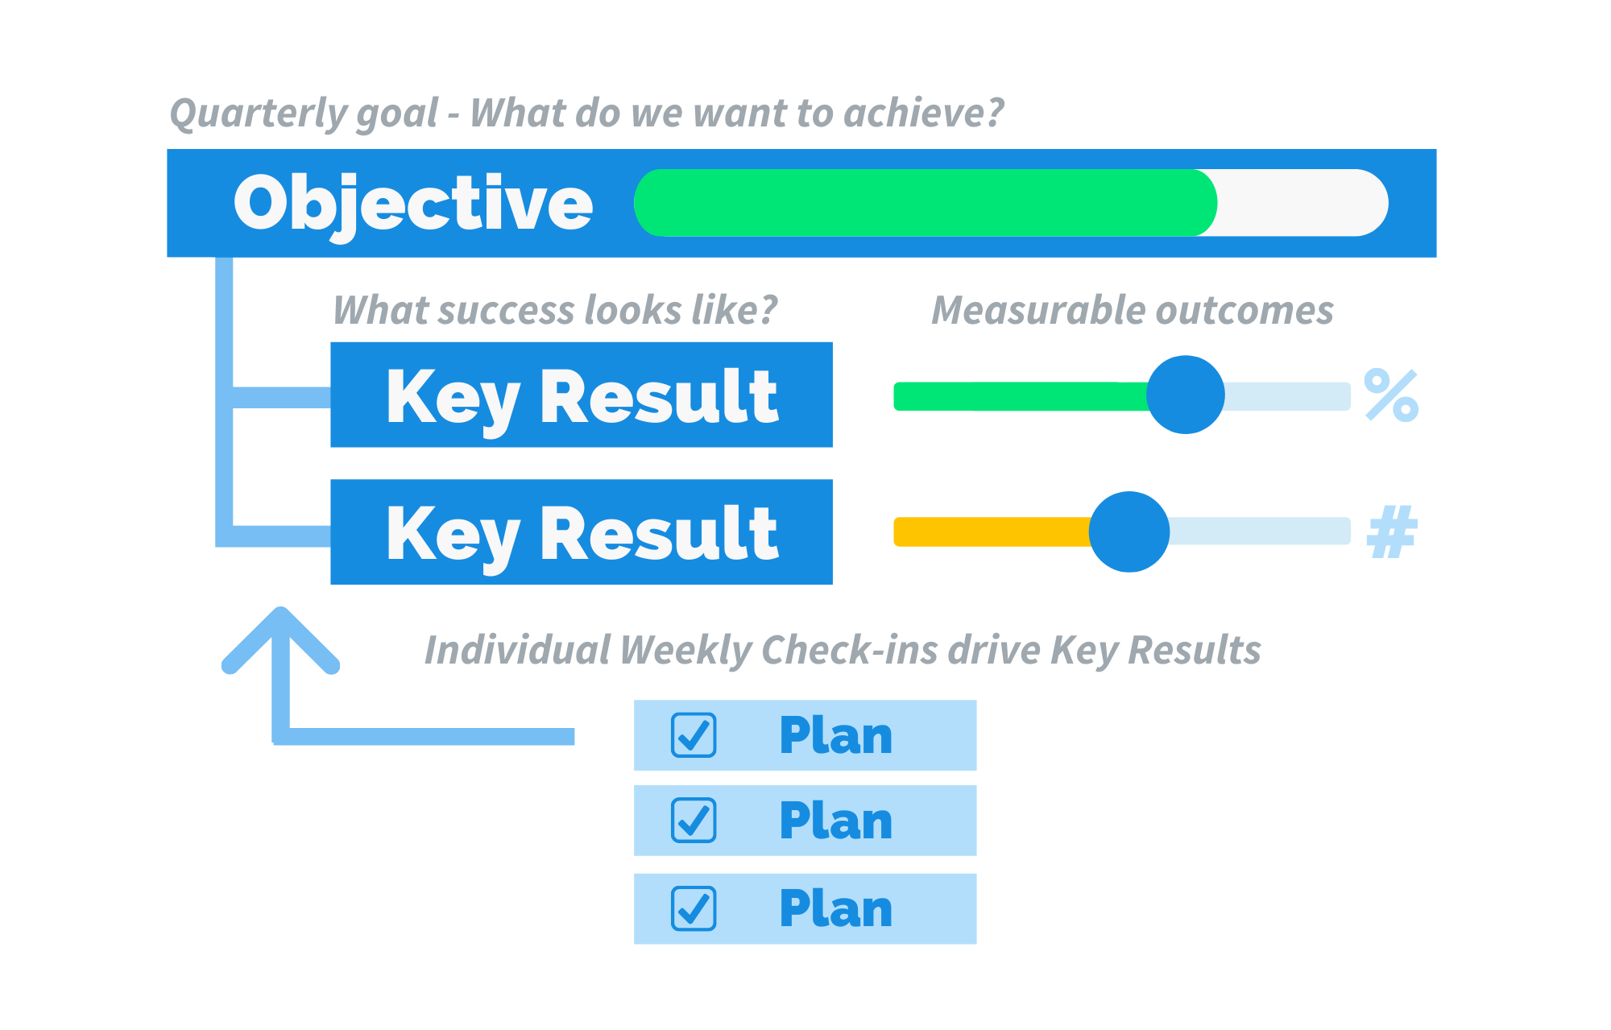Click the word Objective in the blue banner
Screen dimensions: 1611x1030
413,204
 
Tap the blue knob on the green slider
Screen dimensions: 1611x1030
1185,395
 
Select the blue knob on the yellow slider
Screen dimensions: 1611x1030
1129,532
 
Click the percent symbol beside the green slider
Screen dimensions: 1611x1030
1391,395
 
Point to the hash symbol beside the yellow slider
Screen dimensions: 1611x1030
1393,532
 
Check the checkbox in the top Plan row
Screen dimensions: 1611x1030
694,735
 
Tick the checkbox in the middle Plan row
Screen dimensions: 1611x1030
694,821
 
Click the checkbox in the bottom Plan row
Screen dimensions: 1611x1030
694,908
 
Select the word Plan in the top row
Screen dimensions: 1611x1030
836,735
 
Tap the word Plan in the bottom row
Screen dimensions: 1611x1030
836,908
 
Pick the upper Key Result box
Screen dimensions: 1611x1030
582,395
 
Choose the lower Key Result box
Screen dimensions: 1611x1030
582,532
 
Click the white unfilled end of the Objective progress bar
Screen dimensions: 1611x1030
1302,203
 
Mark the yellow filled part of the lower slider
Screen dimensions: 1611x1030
992,532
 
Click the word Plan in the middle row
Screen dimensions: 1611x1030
836,821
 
